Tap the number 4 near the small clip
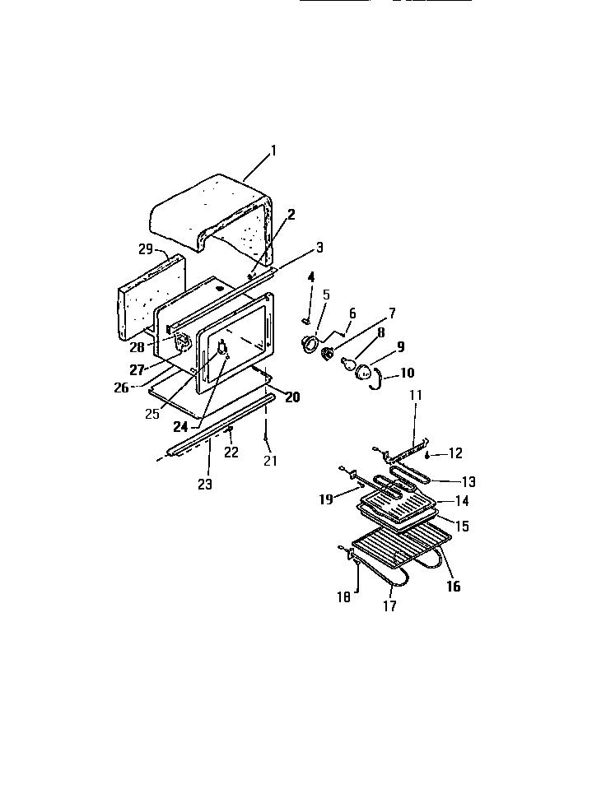click(x=311, y=276)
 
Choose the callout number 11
click(x=415, y=395)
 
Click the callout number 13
click(x=468, y=481)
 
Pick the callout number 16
click(x=453, y=587)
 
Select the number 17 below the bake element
click(x=389, y=606)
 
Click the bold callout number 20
click(x=292, y=397)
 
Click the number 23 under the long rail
click(x=204, y=485)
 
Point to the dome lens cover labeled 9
click(x=364, y=374)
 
